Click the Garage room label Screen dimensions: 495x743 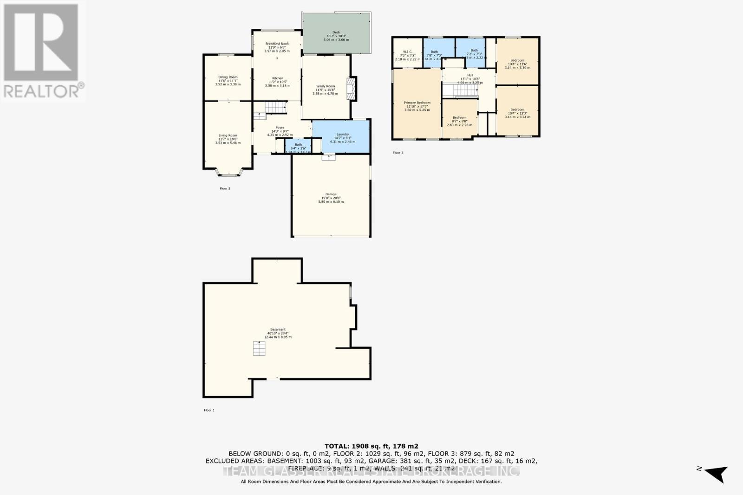[x=331, y=195]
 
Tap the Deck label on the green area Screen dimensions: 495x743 [x=336, y=32]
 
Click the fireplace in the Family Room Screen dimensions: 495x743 [x=351, y=88]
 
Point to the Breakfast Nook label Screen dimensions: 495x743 [x=277, y=44]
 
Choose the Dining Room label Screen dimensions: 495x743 [x=228, y=77]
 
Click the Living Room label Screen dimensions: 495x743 [x=228, y=135]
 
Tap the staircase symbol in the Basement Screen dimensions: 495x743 [x=259, y=348]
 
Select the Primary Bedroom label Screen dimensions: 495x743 [x=417, y=103]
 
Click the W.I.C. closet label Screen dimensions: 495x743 [x=408, y=52]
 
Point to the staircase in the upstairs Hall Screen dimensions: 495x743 [x=459, y=90]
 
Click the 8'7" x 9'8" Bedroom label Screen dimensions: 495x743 [x=459, y=118]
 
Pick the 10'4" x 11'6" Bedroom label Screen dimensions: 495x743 [x=517, y=61]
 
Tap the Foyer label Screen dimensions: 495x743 [x=280, y=128]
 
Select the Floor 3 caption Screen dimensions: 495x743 [x=398, y=153]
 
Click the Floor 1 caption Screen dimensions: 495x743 [x=209, y=410]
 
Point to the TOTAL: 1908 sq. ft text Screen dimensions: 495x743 [x=371, y=446]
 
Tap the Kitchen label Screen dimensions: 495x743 [x=277, y=78]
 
